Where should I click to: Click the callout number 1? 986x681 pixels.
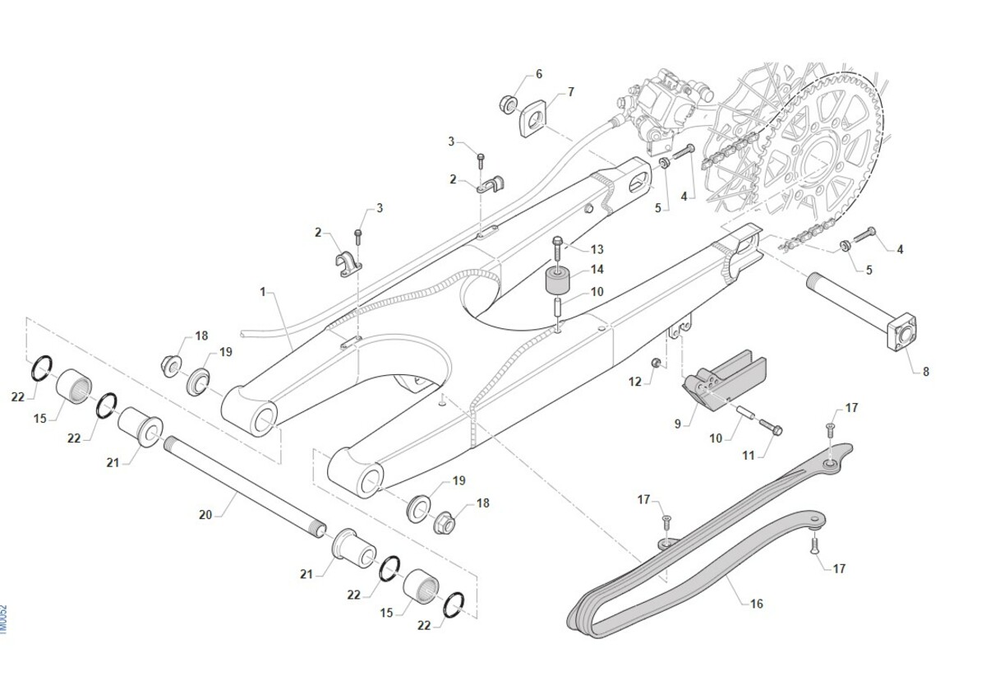coord(264,292)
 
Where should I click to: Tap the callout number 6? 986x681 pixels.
coord(539,74)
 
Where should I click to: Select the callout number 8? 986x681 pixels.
coord(926,372)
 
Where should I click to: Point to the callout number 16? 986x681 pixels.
coord(757,604)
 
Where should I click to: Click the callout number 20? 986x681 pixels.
coord(205,515)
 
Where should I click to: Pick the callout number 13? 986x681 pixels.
coord(597,249)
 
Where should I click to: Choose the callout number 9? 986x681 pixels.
coord(678,424)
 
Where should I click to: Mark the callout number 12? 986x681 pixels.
coord(635,382)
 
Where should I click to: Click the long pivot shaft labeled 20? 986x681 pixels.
coord(246,485)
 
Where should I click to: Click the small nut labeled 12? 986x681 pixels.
coord(656,363)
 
